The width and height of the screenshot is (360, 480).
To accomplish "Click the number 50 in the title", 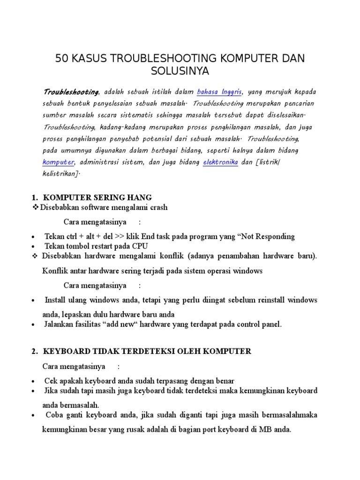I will coord(62,58).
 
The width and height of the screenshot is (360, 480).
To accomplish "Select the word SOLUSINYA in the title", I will coord(180,72).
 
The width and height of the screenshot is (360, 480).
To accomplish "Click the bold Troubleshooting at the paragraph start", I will coord(71,91).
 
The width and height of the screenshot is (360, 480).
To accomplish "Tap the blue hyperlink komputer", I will coord(59,162).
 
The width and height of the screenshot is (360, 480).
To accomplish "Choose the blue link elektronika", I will coord(220,162).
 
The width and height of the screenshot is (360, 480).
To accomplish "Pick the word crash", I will coord(157,207).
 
